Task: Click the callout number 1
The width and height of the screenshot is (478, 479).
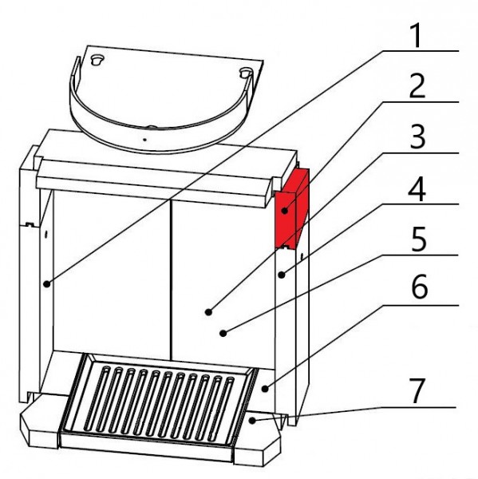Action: point(416,36)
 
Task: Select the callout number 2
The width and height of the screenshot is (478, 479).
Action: point(417,86)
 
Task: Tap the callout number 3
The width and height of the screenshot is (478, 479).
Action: point(417,137)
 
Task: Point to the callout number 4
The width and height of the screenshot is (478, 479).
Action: point(417,188)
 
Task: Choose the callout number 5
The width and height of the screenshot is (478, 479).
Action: point(418,239)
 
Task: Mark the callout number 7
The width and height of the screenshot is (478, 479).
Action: point(417,391)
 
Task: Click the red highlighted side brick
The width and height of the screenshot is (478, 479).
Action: point(291,209)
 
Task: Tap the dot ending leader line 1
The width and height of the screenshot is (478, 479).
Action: point(46,284)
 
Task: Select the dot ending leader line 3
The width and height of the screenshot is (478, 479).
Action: point(208,312)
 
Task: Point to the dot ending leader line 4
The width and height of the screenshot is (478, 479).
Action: point(282,275)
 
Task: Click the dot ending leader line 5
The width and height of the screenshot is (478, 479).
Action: point(223,333)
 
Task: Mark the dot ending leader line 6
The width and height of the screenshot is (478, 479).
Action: point(265,389)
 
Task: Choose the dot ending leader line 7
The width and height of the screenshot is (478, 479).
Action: point(252,421)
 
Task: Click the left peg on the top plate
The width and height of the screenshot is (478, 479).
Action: point(97,60)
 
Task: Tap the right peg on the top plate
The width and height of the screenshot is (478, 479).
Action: point(246,73)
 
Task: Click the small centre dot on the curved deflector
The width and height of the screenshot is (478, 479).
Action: point(144,140)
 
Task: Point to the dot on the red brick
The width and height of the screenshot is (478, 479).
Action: point(285,211)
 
